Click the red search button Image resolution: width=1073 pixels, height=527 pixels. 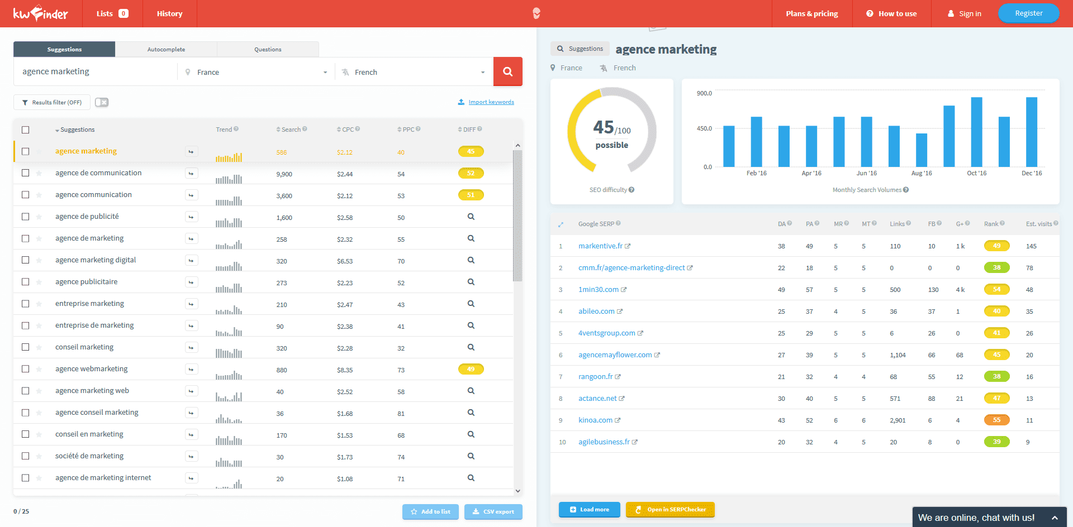[x=507, y=71]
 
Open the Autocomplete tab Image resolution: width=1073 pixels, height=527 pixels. [x=166, y=49]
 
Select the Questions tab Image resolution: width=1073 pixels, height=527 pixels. [x=268, y=49]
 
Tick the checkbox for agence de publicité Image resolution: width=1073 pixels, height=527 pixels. [x=25, y=217]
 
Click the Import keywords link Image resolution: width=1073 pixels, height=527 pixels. [x=491, y=102]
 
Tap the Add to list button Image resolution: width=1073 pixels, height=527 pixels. [x=430, y=511]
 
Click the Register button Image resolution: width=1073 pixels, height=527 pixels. [x=1028, y=13]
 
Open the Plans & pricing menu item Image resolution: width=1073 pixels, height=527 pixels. [x=811, y=13]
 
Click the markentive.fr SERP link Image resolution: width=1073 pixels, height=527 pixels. [x=600, y=246]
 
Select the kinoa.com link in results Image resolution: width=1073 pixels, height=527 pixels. [x=595, y=420]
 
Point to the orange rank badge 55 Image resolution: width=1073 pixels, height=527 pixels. [x=996, y=420]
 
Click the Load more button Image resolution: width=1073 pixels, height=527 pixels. [x=589, y=509]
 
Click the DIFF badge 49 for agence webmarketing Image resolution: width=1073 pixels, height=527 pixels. [x=471, y=369]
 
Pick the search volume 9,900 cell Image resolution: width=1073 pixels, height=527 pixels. [x=284, y=174]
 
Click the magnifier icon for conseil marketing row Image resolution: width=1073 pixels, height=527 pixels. [x=471, y=347]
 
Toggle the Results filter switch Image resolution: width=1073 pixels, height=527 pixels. [x=102, y=102]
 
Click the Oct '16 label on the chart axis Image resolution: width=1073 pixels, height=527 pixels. [x=976, y=173]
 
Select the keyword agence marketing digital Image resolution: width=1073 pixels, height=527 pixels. [x=96, y=260]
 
